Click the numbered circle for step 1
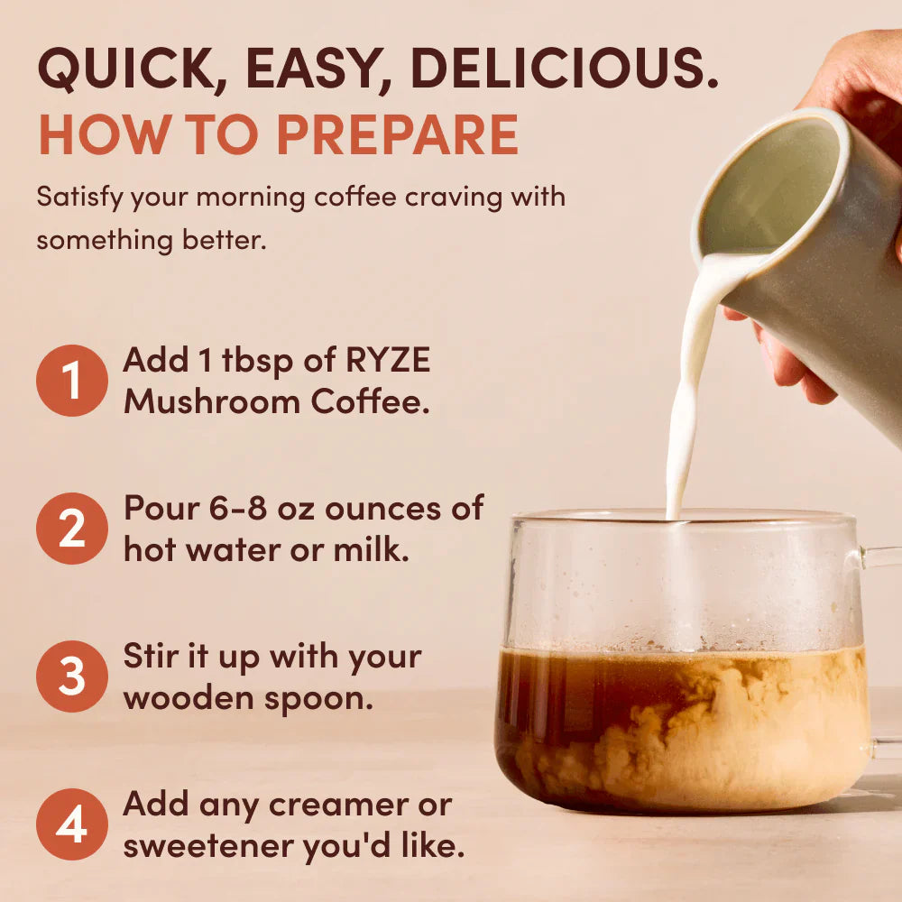coord(71,380)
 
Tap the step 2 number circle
coord(71,528)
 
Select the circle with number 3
coord(71,676)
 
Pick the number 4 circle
coord(71,824)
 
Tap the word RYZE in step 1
coord(389,361)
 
